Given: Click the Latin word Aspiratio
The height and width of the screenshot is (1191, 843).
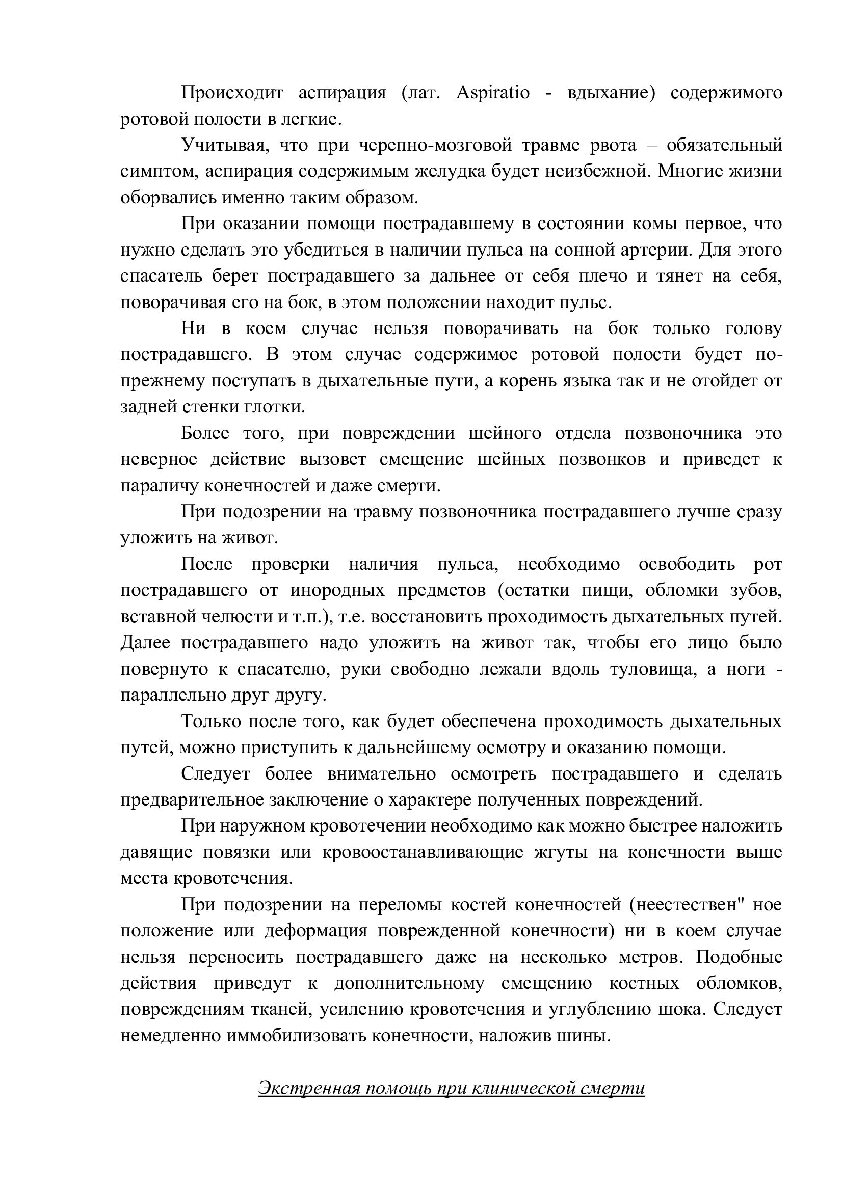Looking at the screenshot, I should click(493, 93).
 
